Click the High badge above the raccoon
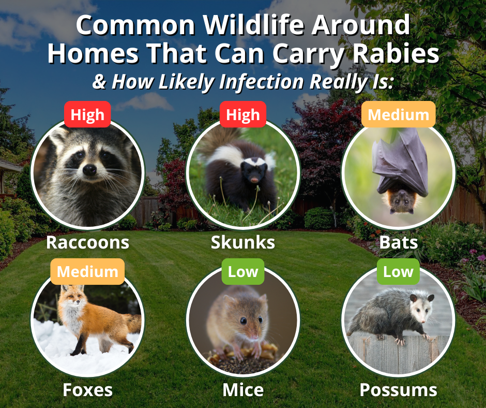tap(87, 114)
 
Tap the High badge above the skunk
tap(242, 114)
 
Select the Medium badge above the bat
tap(398, 114)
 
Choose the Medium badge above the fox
tap(87, 271)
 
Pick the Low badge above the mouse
tap(242, 271)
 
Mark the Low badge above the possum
tap(398, 271)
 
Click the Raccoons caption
tap(87, 242)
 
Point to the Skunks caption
tap(242, 242)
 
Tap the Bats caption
tap(398, 242)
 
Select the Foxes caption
tap(87, 389)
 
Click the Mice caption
tap(242, 389)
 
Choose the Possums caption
tap(398, 389)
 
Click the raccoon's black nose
tap(90, 169)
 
